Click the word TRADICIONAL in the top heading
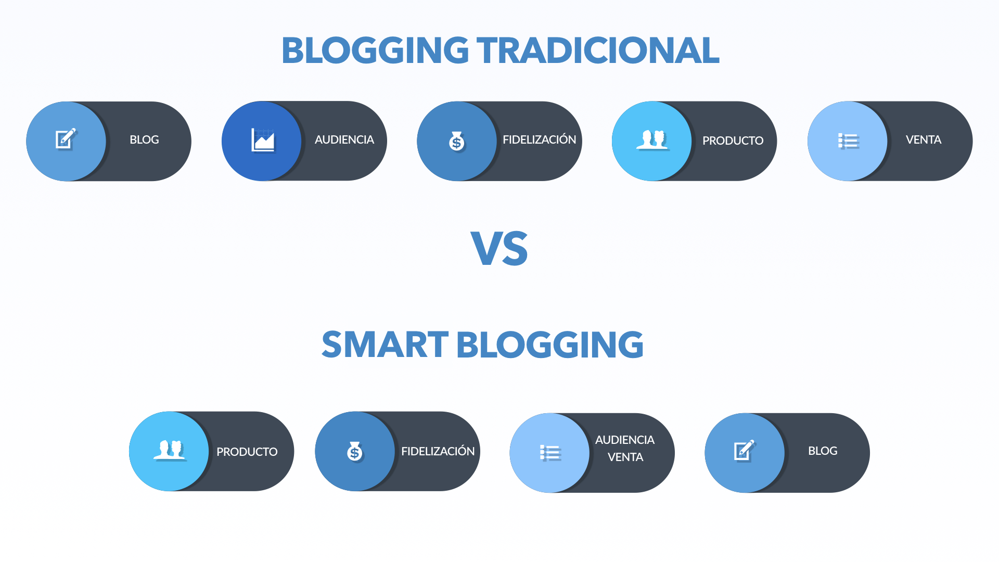pos(598,50)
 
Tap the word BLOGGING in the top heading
pos(375,50)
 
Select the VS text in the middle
pos(499,249)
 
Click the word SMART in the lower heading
pos(385,344)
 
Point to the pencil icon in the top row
pos(66,139)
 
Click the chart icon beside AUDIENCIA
pos(263,140)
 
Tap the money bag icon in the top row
pos(457,141)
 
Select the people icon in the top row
pos(652,140)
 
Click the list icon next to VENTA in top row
pos(848,140)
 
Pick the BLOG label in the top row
pos(144,139)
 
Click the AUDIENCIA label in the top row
pos(344,139)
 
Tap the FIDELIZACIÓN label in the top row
pos(540,139)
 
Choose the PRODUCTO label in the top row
pos(733,140)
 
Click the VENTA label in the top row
pos(924,139)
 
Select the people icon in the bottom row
pos(170,450)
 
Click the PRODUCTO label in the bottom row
pos(247,452)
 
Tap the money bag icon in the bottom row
pos(355,452)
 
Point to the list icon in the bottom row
pos(550,453)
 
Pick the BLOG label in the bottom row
pos(823,451)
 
